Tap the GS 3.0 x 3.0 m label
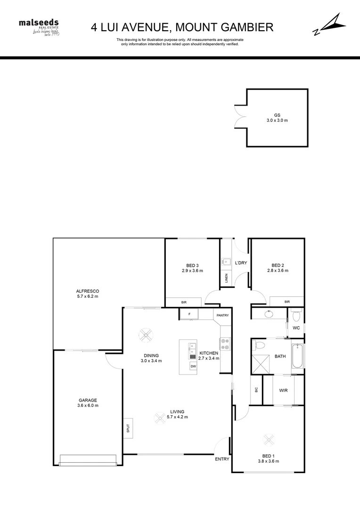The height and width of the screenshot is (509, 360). click(277, 118)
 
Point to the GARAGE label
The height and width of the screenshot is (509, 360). click(88, 403)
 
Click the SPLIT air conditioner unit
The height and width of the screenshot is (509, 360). click(128, 428)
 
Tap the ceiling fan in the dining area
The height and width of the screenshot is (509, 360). click(146, 335)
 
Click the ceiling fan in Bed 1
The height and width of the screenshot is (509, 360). click(269, 439)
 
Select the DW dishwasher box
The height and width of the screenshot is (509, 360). click(193, 366)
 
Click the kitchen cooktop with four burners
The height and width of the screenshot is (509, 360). click(225, 345)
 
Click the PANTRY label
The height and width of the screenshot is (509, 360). click(222, 315)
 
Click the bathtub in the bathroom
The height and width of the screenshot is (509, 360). click(297, 357)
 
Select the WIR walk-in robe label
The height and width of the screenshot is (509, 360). click(283, 390)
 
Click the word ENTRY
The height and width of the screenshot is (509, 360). click(222, 459)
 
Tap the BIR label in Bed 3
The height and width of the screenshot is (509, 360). click(184, 302)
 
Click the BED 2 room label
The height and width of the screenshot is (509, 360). click(278, 268)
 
